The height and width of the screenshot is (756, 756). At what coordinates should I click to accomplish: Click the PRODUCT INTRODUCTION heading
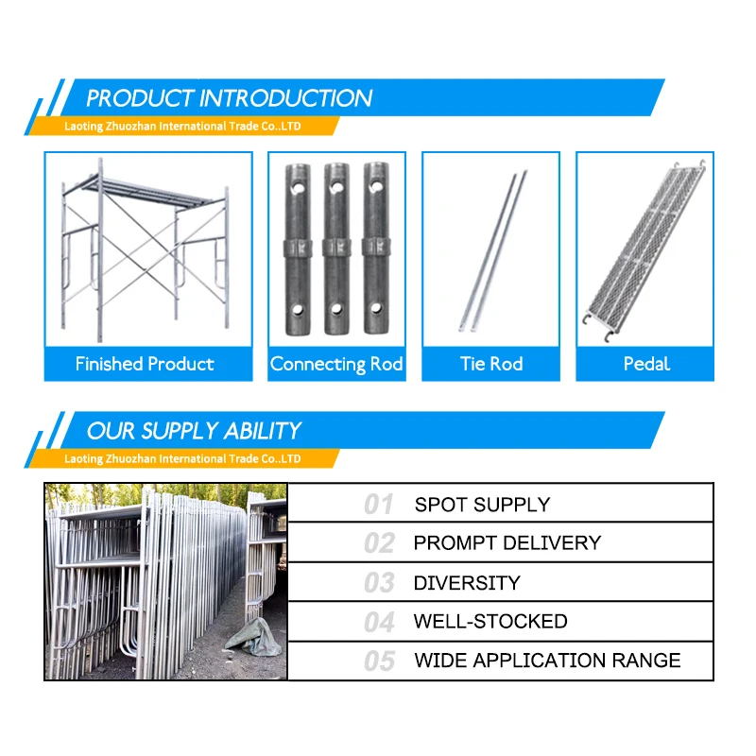pyautogui.click(x=229, y=98)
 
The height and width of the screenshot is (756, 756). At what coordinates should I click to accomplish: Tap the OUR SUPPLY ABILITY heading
pyautogui.click(x=194, y=431)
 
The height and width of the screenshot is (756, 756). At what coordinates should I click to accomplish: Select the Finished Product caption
pyautogui.click(x=145, y=364)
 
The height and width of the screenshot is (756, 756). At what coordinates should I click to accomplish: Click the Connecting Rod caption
pyautogui.click(x=336, y=364)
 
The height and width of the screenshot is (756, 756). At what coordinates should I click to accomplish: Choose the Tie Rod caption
pyautogui.click(x=491, y=364)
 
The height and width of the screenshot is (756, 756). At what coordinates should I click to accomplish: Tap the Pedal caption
pyautogui.click(x=646, y=364)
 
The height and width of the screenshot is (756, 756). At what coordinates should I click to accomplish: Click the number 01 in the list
pyautogui.click(x=379, y=505)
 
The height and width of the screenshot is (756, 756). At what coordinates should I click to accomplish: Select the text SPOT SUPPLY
pyautogui.click(x=482, y=505)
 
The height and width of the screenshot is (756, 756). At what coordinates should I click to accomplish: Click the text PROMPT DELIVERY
pyautogui.click(x=507, y=543)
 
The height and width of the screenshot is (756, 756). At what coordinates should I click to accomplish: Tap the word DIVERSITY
pyautogui.click(x=467, y=583)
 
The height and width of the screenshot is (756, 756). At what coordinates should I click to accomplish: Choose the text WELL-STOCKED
pyautogui.click(x=490, y=622)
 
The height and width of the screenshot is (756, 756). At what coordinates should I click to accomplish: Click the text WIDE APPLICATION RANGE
pyautogui.click(x=547, y=661)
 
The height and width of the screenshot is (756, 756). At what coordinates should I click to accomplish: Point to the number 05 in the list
pyautogui.click(x=379, y=661)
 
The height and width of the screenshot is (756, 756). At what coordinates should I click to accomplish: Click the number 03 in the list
pyautogui.click(x=379, y=583)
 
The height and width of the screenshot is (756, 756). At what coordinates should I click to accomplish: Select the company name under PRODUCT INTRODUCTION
pyautogui.click(x=182, y=126)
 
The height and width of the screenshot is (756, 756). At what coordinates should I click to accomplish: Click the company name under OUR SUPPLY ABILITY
pyautogui.click(x=182, y=458)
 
